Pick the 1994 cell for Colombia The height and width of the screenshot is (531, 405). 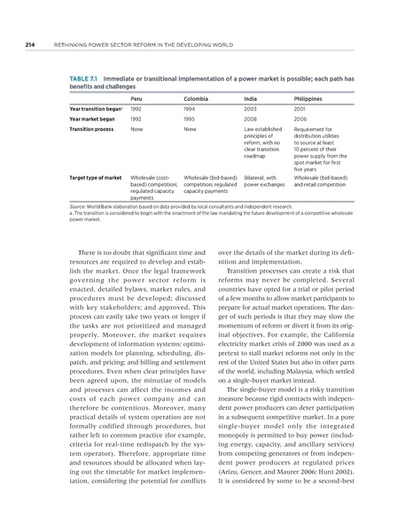pyautogui.click(x=190, y=108)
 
